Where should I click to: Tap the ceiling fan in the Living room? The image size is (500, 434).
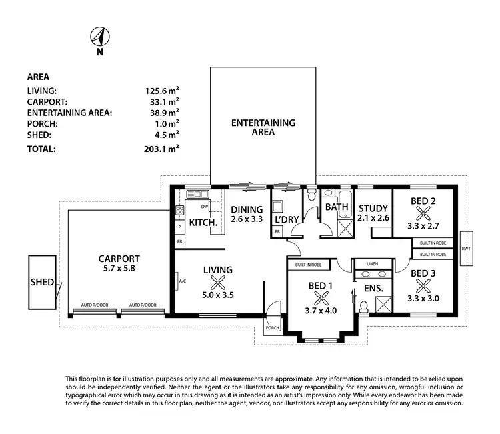pos(218,283)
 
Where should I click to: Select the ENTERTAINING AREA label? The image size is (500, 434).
pos(263,127)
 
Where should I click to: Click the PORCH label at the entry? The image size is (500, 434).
pos(272,327)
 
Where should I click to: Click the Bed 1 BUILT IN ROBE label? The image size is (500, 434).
pos(308,265)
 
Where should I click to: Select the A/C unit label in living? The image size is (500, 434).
pos(182,281)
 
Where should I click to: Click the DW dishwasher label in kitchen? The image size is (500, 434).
pos(204,207)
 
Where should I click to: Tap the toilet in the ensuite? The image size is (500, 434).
pos(363,307)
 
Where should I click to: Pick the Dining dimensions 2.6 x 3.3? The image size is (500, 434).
pos(247,219)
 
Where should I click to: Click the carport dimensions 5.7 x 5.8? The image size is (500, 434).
pos(119,269)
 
